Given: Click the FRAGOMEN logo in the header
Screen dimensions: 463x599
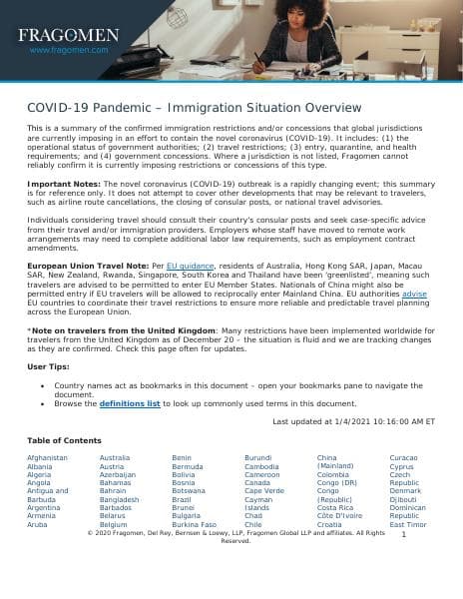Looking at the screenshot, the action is point(68,35).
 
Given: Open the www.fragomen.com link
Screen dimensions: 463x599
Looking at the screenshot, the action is point(68,49).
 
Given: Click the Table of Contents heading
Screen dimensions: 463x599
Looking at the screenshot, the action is point(64,440).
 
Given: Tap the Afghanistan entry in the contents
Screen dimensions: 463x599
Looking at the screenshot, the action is point(48,457).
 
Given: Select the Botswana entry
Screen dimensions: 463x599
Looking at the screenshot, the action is point(189,491).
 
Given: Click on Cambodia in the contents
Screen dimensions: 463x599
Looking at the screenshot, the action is point(261,466).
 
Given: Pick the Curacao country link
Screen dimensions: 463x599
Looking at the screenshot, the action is point(404,457).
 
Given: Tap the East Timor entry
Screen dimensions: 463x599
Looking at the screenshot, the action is point(408,524).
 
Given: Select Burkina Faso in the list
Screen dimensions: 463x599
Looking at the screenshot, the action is point(194,524).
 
